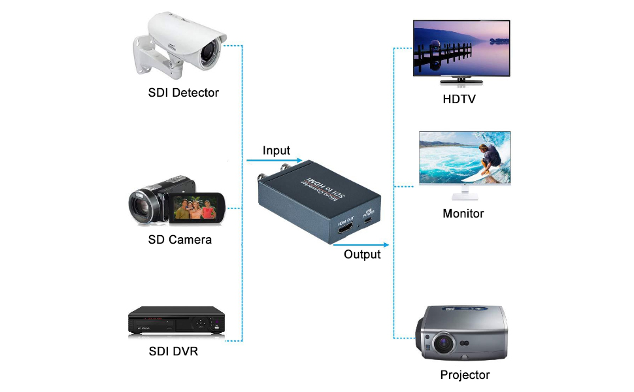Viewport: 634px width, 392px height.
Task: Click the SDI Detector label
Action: (x=183, y=92)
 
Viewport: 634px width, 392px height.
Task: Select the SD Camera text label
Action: (x=180, y=240)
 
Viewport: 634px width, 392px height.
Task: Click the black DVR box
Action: (x=176, y=321)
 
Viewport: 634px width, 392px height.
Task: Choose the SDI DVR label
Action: (x=173, y=352)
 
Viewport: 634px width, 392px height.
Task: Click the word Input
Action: (x=276, y=151)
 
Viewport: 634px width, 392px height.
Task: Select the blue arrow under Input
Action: (x=274, y=161)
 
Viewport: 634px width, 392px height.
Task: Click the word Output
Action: (x=362, y=254)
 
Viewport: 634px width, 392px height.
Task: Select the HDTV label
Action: (x=459, y=99)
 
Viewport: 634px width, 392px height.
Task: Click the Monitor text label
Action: (x=463, y=214)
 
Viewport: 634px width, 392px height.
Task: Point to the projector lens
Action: (x=443, y=341)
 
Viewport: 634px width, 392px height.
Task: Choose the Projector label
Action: (x=465, y=375)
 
